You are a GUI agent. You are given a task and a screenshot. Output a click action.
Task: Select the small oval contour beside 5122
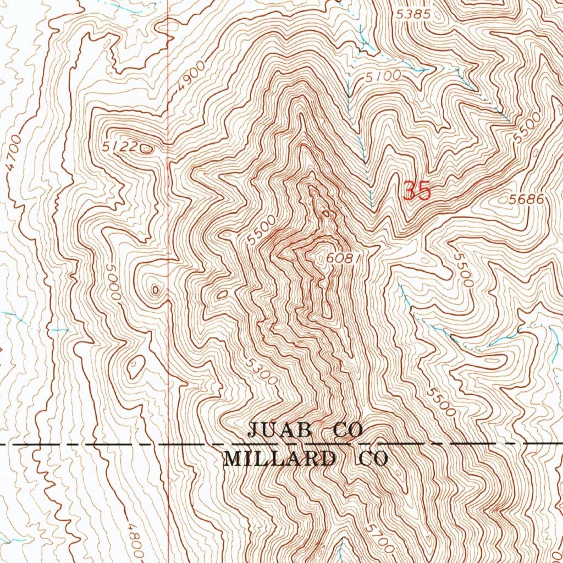[147, 148]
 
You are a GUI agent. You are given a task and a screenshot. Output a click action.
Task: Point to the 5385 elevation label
[413, 15]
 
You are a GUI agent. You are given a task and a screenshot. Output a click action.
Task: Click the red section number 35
[417, 191]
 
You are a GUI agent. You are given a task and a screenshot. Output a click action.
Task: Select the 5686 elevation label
[526, 200]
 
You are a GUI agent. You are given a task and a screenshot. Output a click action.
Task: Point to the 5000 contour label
[113, 281]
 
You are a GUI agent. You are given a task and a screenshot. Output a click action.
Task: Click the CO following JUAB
[349, 430]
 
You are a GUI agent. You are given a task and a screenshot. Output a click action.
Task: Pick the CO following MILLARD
[373, 459]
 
